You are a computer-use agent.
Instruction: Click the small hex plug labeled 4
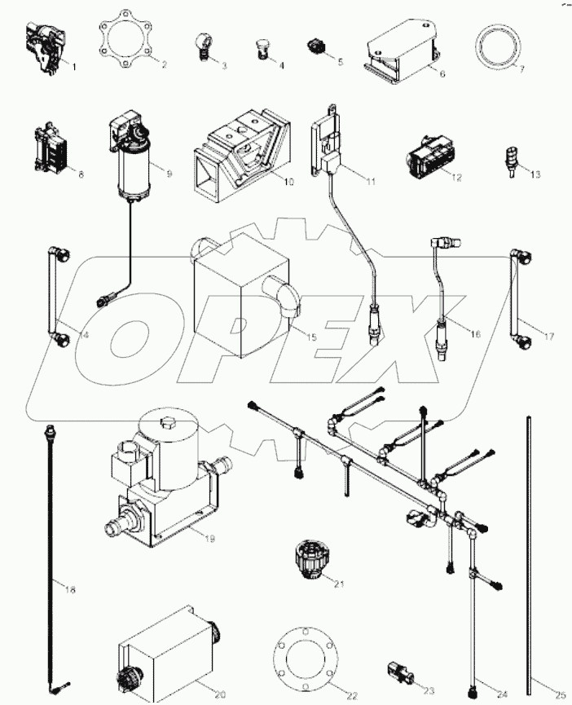pyautogui.click(x=262, y=48)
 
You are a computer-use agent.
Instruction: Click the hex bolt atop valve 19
pyautogui.click(x=169, y=423)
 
